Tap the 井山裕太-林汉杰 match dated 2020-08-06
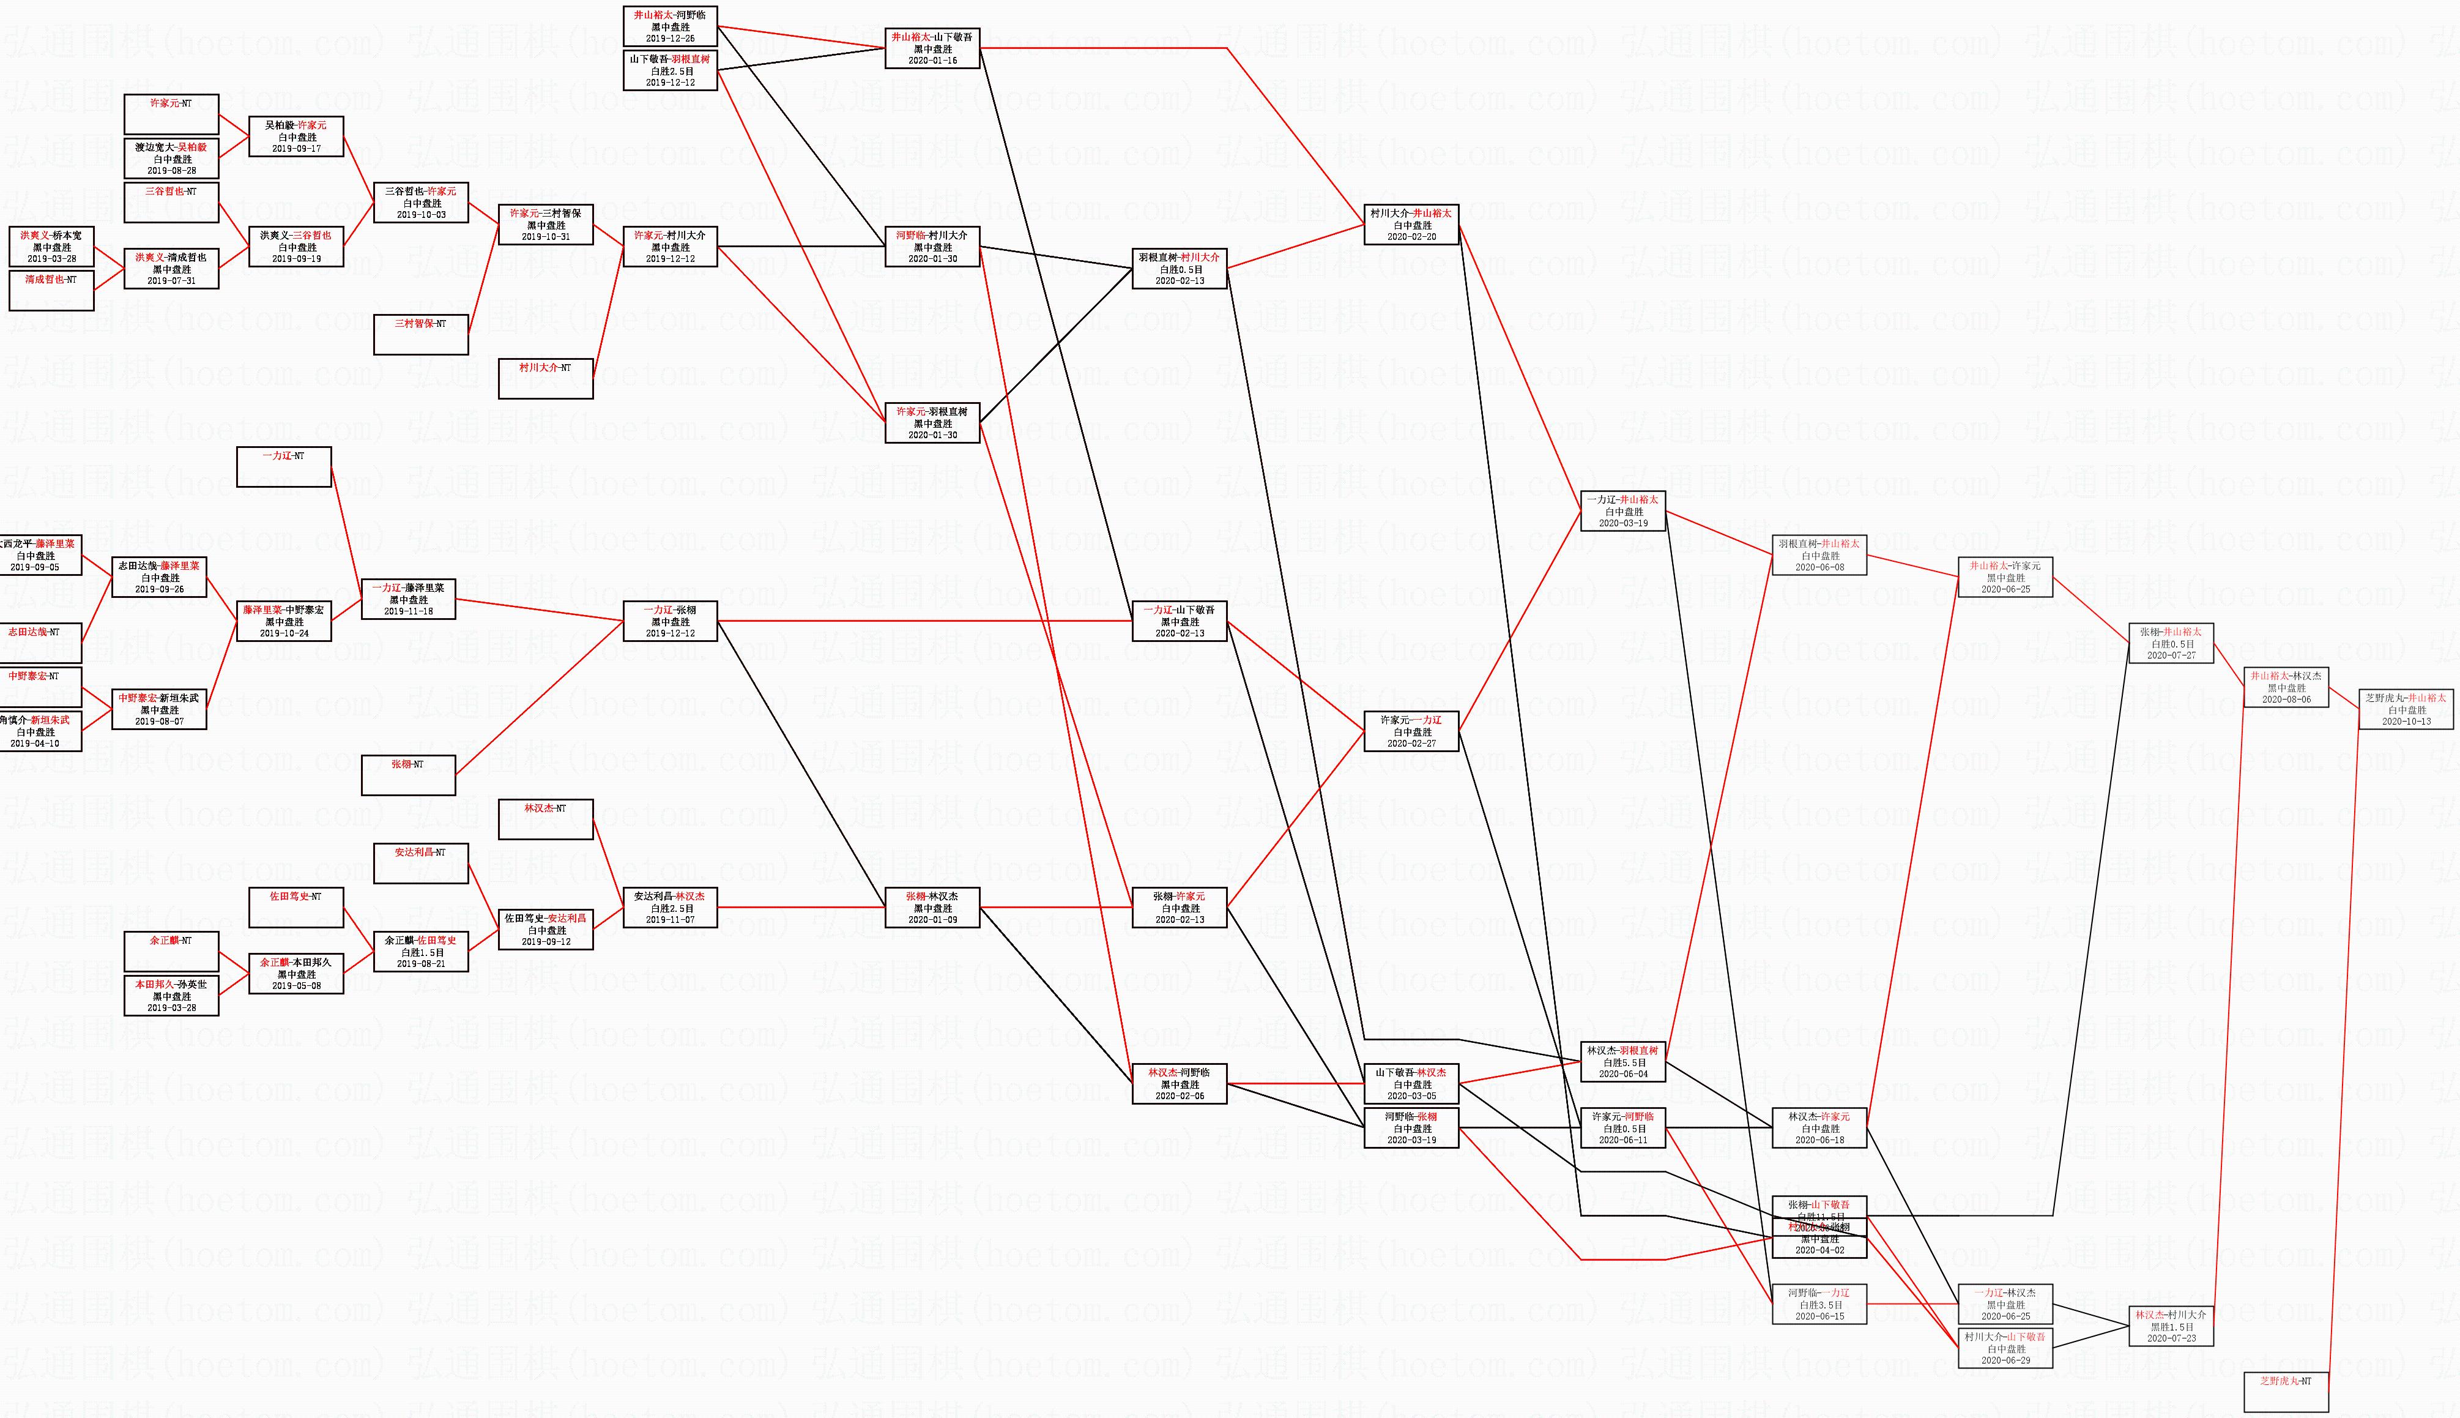tap(2285, 687)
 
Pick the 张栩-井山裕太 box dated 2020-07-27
tap(2170, 643)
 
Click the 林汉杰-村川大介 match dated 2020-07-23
tap(2170, 1326)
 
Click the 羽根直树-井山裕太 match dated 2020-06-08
tap(1818, 555)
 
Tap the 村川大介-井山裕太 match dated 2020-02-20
tap(1411, 224)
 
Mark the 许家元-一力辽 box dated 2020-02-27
tap(1411, 731)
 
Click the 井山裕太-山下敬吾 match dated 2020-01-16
tap(932, 48)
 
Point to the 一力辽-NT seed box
tap(283, 466)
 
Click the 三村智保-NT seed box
tap(420, 334)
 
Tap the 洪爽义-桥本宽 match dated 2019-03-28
tap(51, 247)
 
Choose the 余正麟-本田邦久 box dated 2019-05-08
tap(296, 973)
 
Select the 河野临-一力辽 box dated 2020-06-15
tap(1818, 1304)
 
